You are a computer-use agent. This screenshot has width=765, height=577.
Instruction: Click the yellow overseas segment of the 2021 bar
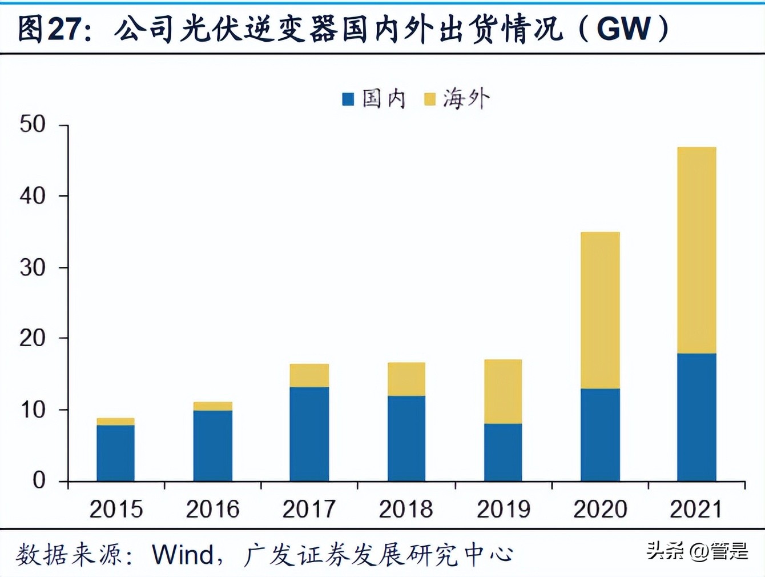(696, 250)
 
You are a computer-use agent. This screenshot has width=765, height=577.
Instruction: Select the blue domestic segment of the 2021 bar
(696, 417)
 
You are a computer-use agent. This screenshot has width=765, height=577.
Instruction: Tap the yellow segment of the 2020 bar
(600, 310)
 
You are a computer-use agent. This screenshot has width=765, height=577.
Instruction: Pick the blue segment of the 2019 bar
(503, 452)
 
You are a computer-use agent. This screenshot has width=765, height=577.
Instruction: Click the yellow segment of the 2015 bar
(116, 422)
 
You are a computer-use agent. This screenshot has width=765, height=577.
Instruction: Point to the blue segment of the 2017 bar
(309, 434)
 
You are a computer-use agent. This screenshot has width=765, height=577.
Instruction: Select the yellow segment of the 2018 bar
(406, 379)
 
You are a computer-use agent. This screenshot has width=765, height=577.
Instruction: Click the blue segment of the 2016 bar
(213, 446)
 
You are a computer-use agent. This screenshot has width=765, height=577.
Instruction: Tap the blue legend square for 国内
(348, 99)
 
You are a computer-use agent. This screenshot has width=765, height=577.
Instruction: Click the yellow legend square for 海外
(429, 99)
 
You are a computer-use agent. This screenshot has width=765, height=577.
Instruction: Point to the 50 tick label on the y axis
(33, 125)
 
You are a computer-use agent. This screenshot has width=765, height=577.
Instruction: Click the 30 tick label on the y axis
(33, 267)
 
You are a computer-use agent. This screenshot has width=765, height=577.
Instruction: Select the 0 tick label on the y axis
(39, 480)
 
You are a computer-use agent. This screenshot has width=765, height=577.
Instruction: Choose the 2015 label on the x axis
(116, 509)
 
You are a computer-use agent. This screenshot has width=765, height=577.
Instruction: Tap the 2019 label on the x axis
(503, 509)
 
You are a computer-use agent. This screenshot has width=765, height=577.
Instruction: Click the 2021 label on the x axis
(696, 509)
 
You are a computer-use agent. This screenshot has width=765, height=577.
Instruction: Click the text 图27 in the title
(47, 29)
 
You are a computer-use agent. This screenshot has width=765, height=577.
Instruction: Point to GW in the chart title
(624, 29)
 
